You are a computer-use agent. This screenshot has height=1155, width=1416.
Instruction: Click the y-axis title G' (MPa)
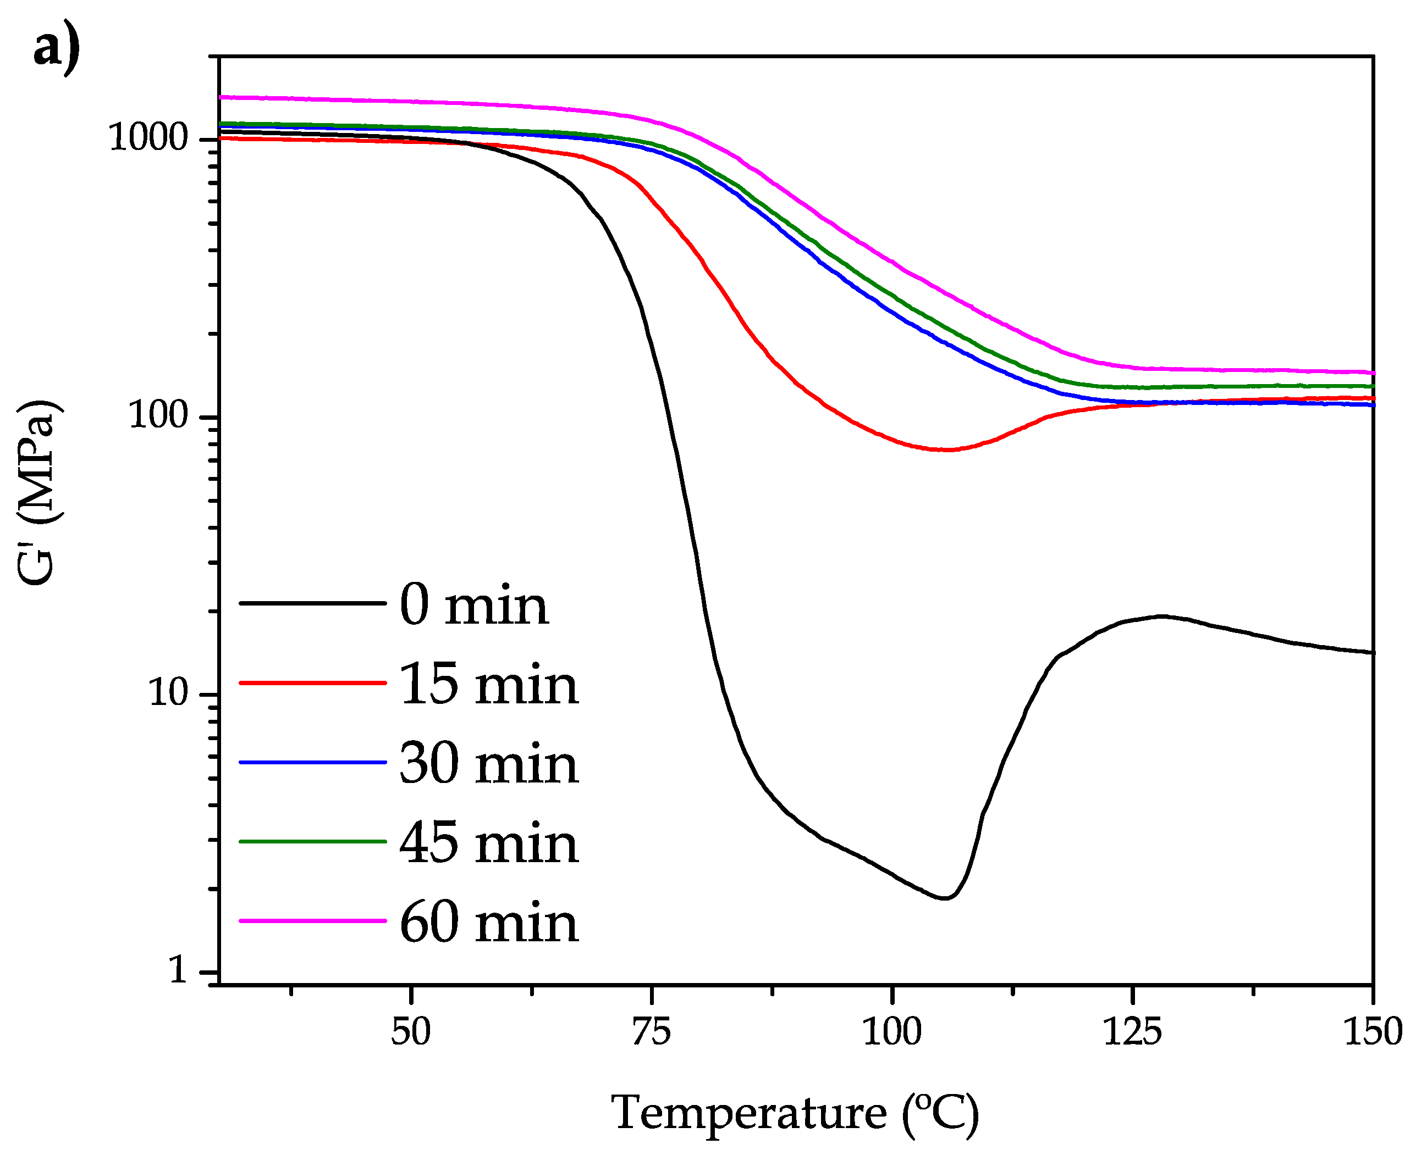38,493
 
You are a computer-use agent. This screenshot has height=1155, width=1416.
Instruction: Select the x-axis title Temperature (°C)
795,1113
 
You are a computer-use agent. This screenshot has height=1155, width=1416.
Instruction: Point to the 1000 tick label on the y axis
148,138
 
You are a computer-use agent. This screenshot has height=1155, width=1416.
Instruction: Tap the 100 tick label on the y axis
158,415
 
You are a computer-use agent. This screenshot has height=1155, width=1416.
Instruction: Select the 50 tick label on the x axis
411,1032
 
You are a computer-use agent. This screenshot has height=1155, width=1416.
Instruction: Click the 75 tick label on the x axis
651,1032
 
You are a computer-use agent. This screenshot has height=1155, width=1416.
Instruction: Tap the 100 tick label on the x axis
891,1032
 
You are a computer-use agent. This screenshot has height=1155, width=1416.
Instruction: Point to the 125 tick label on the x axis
1132,1032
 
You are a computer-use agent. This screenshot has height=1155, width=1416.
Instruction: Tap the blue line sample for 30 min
312,763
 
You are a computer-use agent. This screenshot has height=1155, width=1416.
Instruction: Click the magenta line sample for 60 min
312,921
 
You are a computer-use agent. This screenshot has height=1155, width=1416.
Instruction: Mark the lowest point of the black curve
945,898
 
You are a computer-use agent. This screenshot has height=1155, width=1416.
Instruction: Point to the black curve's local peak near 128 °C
1162,616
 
